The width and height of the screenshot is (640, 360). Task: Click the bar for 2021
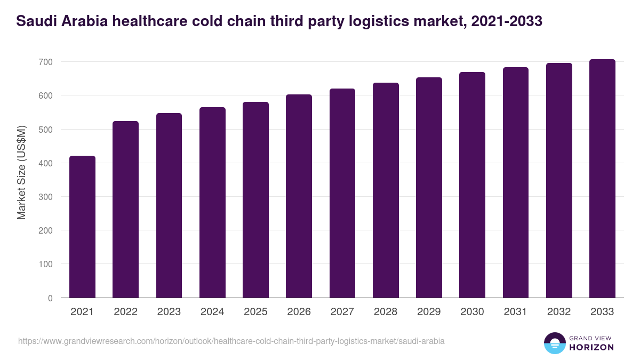(x=82, y=227)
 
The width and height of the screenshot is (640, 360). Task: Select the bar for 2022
(x=125, y=209)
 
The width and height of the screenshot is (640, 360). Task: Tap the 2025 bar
(x=255, y=200)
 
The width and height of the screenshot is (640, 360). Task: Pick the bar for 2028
(x=386, y=190)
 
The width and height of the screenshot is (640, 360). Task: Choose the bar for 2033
(x=602, y=179)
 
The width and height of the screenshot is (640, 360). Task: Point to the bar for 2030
(x=472, y=185)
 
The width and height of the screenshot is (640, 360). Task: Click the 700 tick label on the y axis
(x=45, y=62)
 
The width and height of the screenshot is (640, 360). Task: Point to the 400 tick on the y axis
(x=45, y=163)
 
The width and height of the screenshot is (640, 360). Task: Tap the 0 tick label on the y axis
(x=50, y=298)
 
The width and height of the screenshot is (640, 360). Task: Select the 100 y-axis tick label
(x=45, y=264)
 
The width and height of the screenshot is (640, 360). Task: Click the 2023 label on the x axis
(x=169, y=312)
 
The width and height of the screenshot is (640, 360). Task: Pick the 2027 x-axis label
(x=342, y=312)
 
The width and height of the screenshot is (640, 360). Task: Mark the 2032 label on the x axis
(x=559, y=312)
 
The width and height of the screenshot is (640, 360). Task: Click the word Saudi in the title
(x=33, y=21)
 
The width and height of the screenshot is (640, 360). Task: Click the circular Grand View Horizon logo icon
(x=555, y=343)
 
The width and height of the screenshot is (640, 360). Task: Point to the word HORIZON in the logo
(x=591, y=347)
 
